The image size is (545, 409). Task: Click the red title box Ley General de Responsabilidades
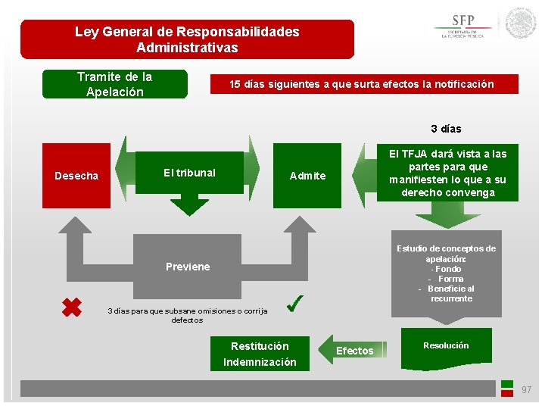coord(187,39)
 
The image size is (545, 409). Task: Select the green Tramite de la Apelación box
coord(114,85)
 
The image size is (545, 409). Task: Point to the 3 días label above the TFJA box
coord(446,129)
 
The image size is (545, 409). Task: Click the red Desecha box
coord(76,176)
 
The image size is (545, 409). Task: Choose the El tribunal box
coord(189,173)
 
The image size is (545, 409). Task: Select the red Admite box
coord(307,176)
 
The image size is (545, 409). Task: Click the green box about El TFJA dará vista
coord(447,173)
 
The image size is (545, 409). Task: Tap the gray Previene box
coord(188,267)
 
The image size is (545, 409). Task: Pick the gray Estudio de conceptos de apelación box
coord(447,273)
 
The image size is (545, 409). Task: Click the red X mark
coord(71,307)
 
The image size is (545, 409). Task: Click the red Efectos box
coord(354,351)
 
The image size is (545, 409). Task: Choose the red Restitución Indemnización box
coord(260,354)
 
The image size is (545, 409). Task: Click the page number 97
coord(526,390)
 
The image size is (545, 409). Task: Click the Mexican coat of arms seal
coord(521,23)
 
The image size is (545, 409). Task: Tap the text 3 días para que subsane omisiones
coord(187,315)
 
